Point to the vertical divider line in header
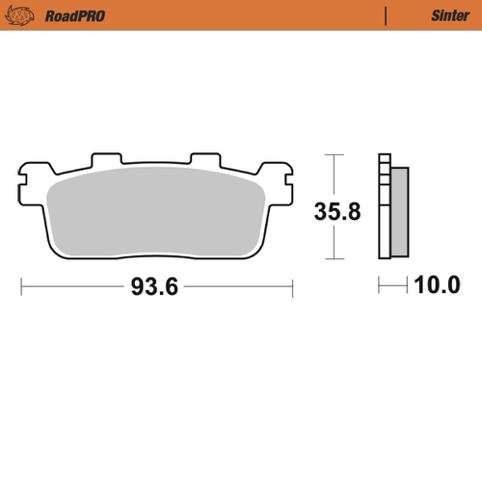[x=387, y=15]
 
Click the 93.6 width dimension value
[x=155, y=285]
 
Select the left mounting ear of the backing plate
[x=29, y=177]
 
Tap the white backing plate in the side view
[x=386, y=207]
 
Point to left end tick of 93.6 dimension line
[x=20, y=285]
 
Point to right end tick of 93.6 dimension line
[x=292, y=285]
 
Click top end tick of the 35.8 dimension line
[x=333, y=154]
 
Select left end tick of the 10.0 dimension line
[x=380, y=285]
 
